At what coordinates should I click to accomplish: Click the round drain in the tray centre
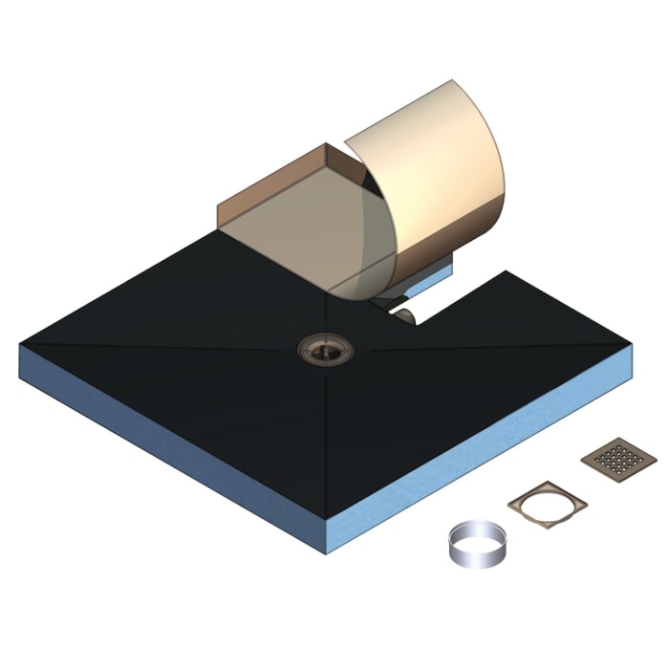pyautogui.click(x=325, y=348)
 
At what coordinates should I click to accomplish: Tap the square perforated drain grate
pyautogui.click(x=612, y=460)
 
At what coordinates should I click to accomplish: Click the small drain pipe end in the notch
pyautogui.click(x=405, y=314)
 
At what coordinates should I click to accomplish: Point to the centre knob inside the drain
pyautogui.click(x=325, y=347)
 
